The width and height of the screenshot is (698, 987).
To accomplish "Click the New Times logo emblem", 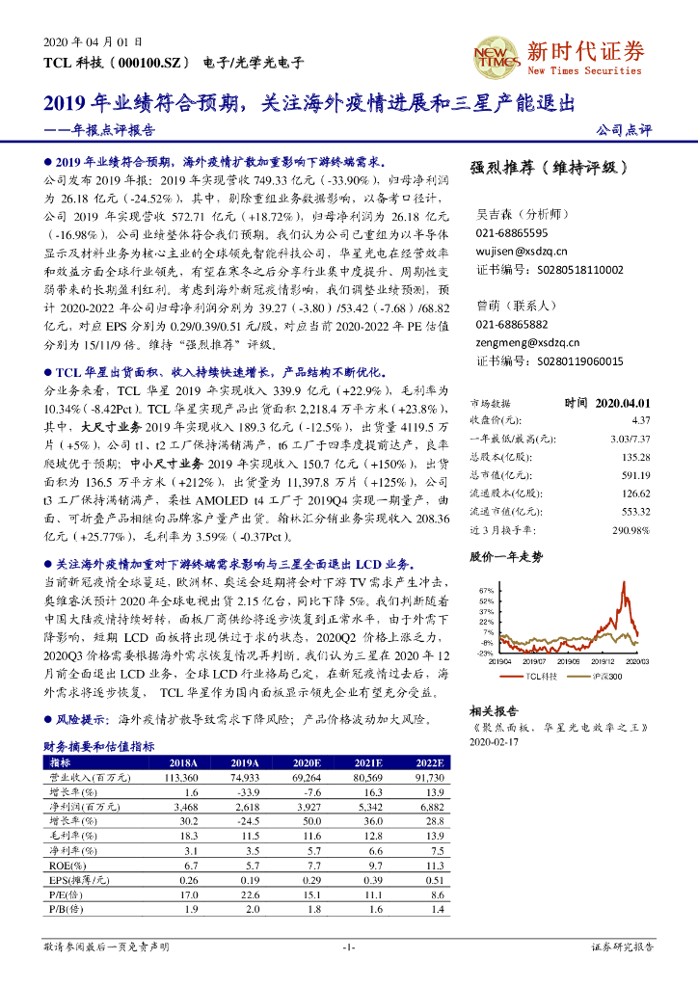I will (496, 57).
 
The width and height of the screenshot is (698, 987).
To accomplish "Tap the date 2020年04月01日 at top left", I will (94, 42).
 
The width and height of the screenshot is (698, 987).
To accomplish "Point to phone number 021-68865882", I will (512, 325).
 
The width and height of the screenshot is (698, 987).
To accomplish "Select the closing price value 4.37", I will (641, 420).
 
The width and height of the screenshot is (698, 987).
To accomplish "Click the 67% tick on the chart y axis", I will (485, 590).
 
